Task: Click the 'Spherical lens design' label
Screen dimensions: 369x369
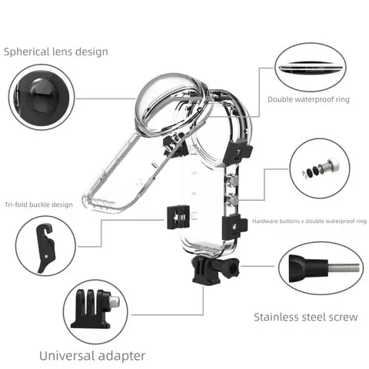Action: (x=56, y=52)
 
